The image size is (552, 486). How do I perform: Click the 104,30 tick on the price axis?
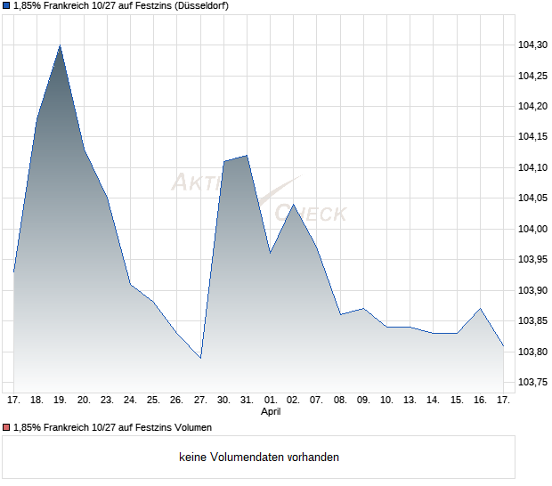pyautogui.click(x=532, y=45)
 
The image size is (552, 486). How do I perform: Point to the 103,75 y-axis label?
pyautogui.click(x=532, y=383)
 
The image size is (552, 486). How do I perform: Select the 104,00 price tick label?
pyautogui.click(x=532, y=229)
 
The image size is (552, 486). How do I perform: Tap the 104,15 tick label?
pyautogui.click(x=532, y=137)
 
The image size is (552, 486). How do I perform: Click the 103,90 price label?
pyautogui.click(x=532, y=290)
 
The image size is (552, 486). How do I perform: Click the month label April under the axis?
pyautogui.click(x=271, y=413)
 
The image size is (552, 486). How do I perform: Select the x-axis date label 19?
pyautogui.click(x=60, y=401)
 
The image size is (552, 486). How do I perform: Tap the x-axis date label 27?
pyautogui.click(x=200, y=401)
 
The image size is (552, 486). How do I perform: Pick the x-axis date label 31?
pyautogui.click(x=247, y=401)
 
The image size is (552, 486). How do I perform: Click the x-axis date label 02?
pyautogui.click(x=294, y=401)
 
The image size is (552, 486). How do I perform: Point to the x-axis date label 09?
pyautogui.click(x=363, y=401)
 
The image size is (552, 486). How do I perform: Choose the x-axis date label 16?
pyautogui.click(x=480, y=401)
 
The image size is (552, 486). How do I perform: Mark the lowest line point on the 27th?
pyautogui.click(x=200, y=358)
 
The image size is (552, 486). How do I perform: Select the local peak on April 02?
pyautogui.click(x=294, y=204)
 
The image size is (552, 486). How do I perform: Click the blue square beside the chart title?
pyautogui.click(x=6, y=6)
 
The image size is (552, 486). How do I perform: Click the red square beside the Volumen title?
pyautogui.click(x=6, y=428)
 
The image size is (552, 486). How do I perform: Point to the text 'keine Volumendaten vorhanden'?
pyautogui.click(x=259, y=458)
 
